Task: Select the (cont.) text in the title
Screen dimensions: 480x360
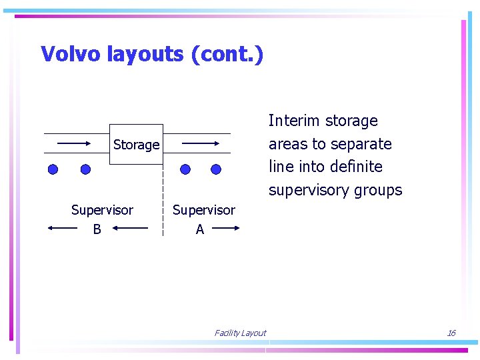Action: click(x=227, y=55)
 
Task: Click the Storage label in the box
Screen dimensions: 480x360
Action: click(x=136, y=145)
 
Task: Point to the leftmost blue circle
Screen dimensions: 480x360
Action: click(x=53, y=169)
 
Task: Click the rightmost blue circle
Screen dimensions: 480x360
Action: click(x=216, y=169)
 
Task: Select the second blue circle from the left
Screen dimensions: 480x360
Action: click(x=85, y=169)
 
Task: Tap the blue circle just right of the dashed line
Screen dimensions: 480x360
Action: click(x=185, y=169)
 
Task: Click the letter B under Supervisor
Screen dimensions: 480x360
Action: click(x=97, y=229)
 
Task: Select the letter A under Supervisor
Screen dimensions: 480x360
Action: click(x=200, y=229)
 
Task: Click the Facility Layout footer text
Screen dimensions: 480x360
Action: click(x=240, y=333)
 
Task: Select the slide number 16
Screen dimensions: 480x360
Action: click(x=451, y=333)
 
